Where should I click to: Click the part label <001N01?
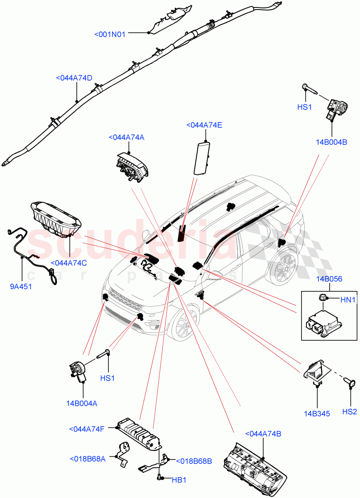point(110,34)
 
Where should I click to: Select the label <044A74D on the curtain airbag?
point(73,78)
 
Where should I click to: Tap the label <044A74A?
point(126,138)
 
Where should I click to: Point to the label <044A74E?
point(204,125)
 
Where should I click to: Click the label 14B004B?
point(331,142)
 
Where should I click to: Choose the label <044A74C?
point(69,263)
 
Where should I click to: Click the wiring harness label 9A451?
point(21,286)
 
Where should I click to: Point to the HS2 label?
point(349,412)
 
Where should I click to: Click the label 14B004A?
point(81,403)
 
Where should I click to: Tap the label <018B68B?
point(193,461)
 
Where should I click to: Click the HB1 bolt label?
point(179,480)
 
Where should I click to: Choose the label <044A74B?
point(263,434)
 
